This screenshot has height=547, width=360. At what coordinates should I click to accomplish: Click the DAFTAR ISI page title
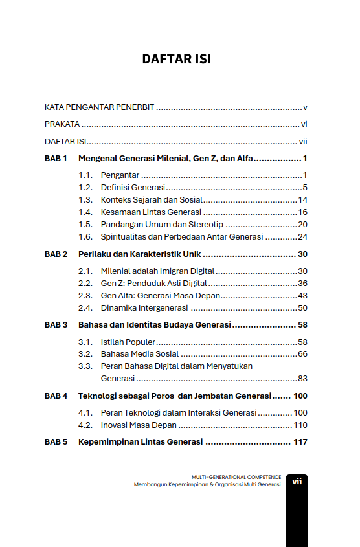tap(177, 60)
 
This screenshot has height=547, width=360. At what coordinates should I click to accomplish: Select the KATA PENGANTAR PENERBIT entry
tap(100, 107)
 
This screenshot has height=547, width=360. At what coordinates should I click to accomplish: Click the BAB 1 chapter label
tap(56, 159)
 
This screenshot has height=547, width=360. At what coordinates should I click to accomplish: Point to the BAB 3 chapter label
tap(56, 324)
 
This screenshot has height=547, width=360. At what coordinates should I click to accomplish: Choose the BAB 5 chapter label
tap(56, 443)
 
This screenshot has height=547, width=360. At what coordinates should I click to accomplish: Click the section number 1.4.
tap(85, 212)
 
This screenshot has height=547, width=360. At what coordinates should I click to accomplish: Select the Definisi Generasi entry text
tap(133, 188)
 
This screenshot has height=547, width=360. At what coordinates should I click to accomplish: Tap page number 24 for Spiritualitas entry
tap(302, 236)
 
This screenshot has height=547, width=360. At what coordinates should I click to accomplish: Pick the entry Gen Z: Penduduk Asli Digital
tap(153, 283)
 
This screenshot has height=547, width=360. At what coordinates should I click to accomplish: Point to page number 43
tap(302, 295)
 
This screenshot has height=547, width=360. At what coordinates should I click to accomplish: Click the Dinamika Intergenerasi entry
tap(145, 307)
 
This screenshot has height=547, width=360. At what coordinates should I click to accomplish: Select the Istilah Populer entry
tap(128, 342)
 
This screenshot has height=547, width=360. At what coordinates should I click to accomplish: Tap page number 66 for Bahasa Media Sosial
tap(302, 354)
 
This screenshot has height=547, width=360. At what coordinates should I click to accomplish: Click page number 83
tap(302, 378)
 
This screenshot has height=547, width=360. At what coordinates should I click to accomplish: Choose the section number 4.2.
tap(85, 425)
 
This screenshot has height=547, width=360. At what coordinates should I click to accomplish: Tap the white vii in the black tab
tap(297, 481)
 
